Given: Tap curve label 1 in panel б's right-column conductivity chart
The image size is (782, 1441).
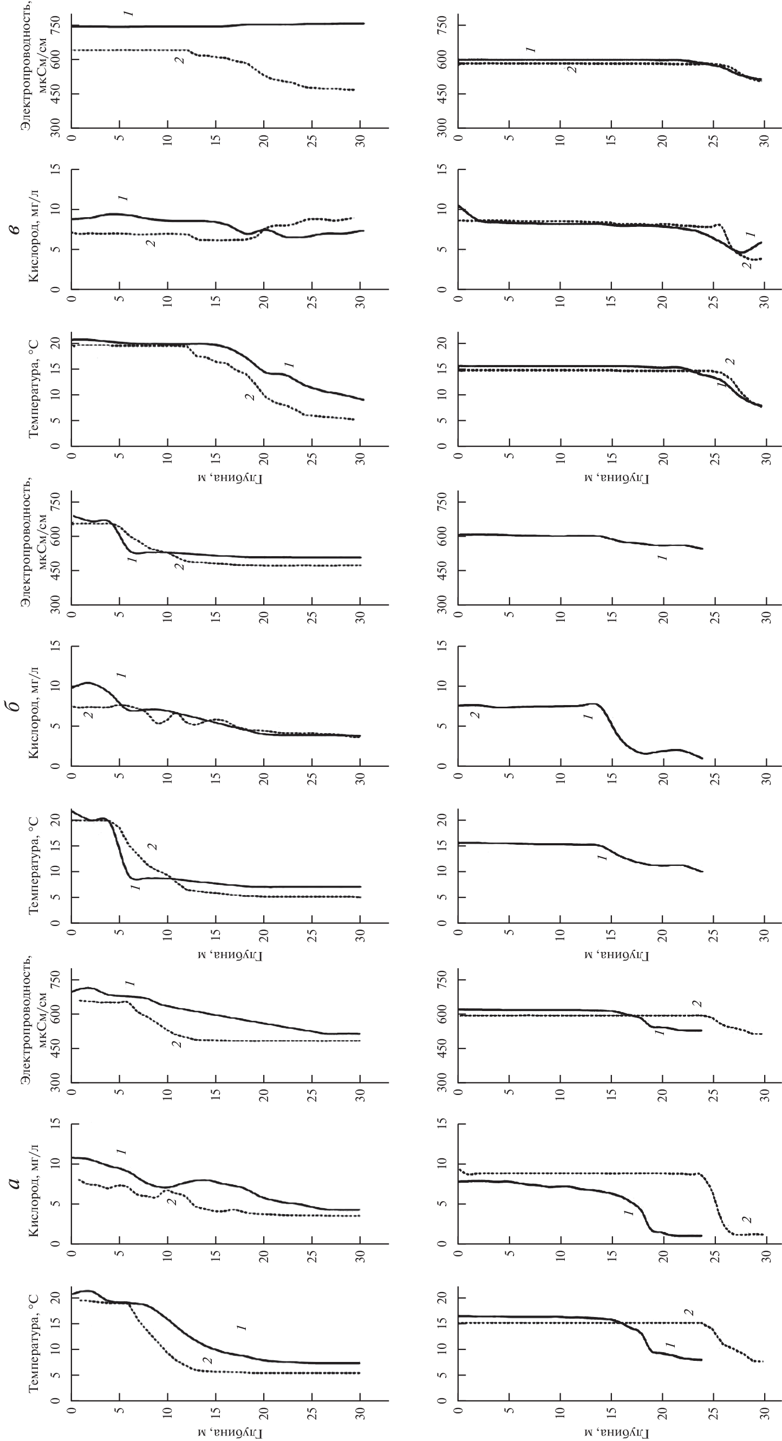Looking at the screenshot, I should pos(662,558).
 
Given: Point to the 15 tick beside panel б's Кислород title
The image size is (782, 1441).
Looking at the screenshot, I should pos(56,646).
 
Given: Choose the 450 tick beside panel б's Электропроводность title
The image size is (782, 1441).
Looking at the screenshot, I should pos(56,571).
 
